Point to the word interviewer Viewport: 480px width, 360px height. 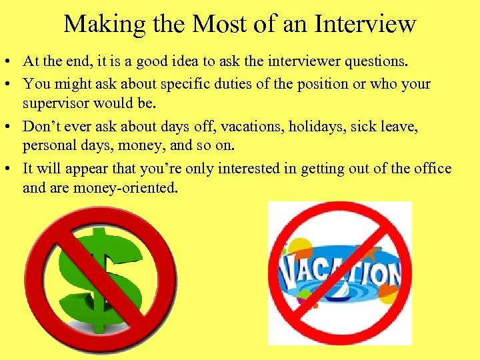click(x=299, y=62)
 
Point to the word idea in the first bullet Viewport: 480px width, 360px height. click(x=189, y=62)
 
